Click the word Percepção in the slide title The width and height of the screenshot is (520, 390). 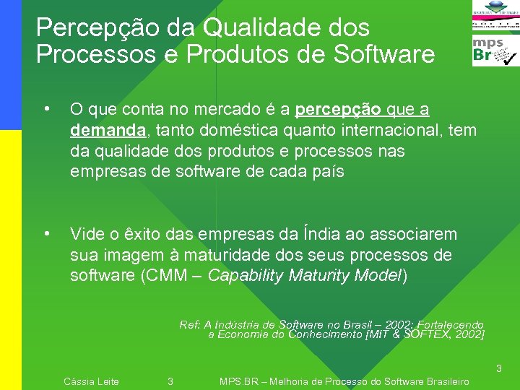click(x=84, y=29)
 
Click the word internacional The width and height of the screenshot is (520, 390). click(x=376, y=130)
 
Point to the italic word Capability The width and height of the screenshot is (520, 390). click(x=246, y=276)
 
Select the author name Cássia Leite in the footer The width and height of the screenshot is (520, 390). click(x=92, y=381)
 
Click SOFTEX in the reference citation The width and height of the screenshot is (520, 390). click(x=431, y=334)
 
